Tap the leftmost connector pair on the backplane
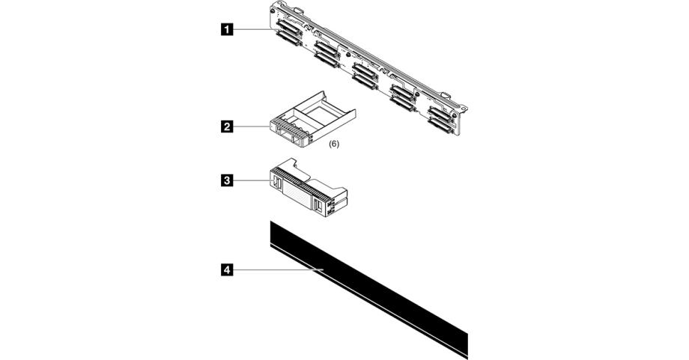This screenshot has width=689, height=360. tap(288, 34)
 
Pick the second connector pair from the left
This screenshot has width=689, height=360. tap(326, 54)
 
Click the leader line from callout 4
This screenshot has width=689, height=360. tap(277, 269)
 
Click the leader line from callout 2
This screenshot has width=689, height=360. tap(251, 127)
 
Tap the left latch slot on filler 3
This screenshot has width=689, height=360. tap(275, 183)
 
